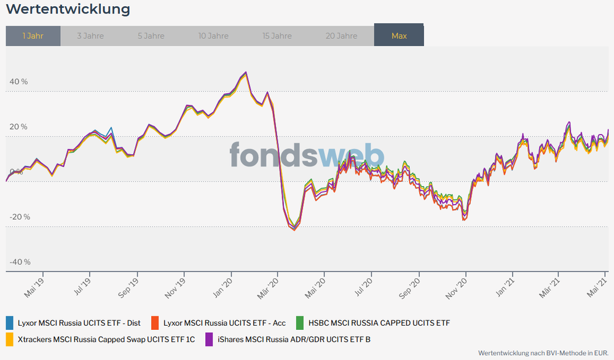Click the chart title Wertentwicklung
[x=68, y=9]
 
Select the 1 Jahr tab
[x=33, y=36]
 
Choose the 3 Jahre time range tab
[x=90, y=36]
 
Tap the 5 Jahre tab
[x=151, y=36]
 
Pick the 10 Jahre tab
[x=213, y=36]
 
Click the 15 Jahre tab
[x=277, y=36]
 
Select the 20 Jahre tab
[x=342, y=36]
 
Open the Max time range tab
[x=399, y=36]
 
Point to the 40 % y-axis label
[x=18, y=82]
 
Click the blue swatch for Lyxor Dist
[x=9, y=322]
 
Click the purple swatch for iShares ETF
[x=209, y=338]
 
